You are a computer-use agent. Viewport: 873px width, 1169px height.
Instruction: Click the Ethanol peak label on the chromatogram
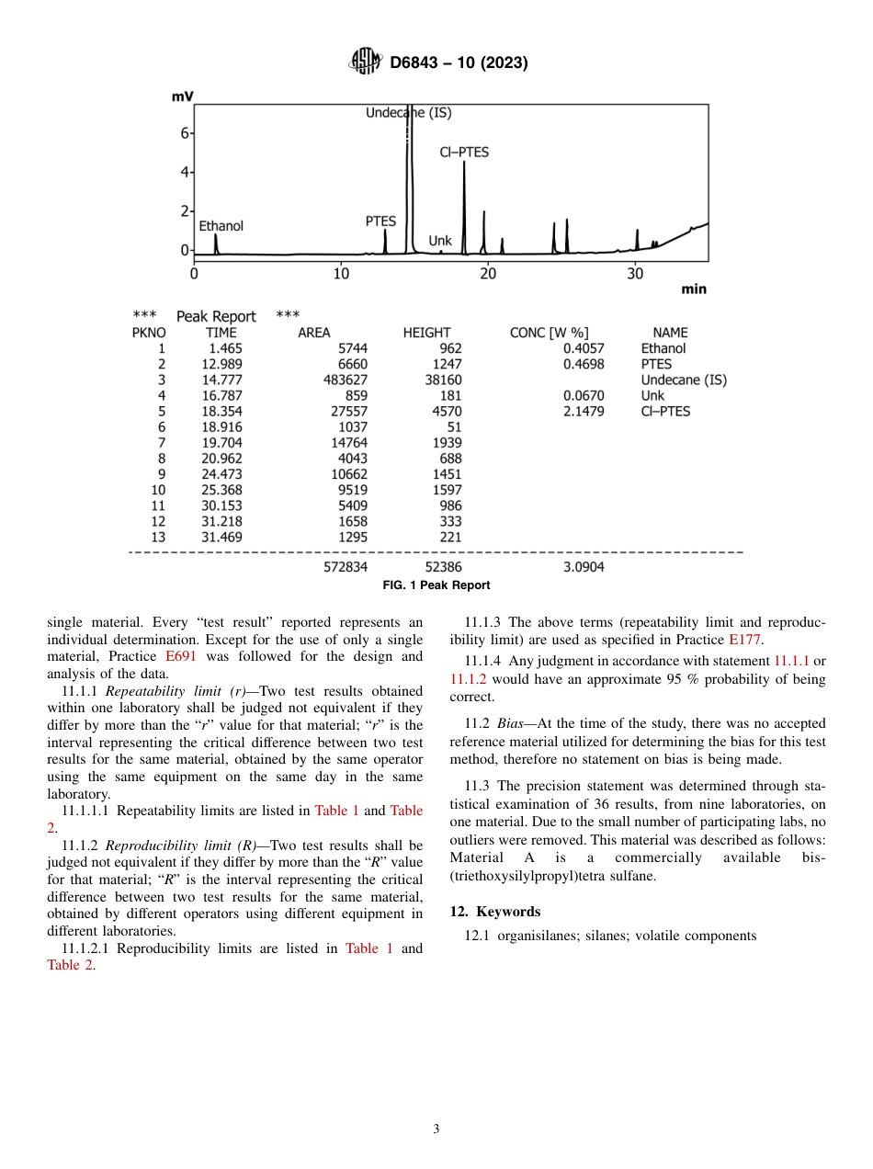(x=221, y=225)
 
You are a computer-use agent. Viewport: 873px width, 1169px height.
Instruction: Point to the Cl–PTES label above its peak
(x=464, y=153)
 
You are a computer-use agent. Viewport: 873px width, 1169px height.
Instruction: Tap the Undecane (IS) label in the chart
(x=409, y=113)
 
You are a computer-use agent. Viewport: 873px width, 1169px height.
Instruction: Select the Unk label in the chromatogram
(x=440, y=241)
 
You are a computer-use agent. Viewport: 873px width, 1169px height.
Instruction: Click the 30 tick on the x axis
(x=635, y=274)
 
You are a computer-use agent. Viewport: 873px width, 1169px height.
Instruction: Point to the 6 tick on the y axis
(x=184, y=133)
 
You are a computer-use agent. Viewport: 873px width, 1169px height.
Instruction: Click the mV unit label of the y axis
(x=182, y=96)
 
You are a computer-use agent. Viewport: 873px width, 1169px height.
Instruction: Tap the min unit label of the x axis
(x=694, y=289)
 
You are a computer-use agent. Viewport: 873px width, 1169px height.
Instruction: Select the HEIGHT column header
(x=426, y=333)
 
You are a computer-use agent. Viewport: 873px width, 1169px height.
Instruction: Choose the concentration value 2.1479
(x=584, y=411)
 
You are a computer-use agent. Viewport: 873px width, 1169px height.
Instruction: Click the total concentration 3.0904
(x=584, y=567)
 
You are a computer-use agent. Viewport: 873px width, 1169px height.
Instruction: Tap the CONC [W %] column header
(x=549, y=333)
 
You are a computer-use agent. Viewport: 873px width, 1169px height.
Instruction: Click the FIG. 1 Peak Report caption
(x=436, y=585)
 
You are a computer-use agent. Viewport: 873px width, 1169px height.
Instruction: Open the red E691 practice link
(x=180, y=656)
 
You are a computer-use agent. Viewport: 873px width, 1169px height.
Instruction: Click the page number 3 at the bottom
(x=436, y=1129)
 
